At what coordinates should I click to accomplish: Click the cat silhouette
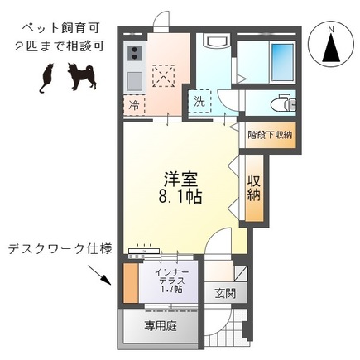tap(45, 77)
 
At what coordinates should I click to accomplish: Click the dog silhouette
tap(81, 76)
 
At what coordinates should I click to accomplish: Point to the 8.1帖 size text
tap(180, 199)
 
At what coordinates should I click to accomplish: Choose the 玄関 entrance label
tap(225, 292)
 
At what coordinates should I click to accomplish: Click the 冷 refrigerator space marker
tap(133, 107)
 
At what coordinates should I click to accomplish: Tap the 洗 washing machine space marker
tap(200, 102)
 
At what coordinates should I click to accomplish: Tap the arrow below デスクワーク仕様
tap(103, 277)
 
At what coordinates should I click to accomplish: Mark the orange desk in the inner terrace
tap(129, 284)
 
